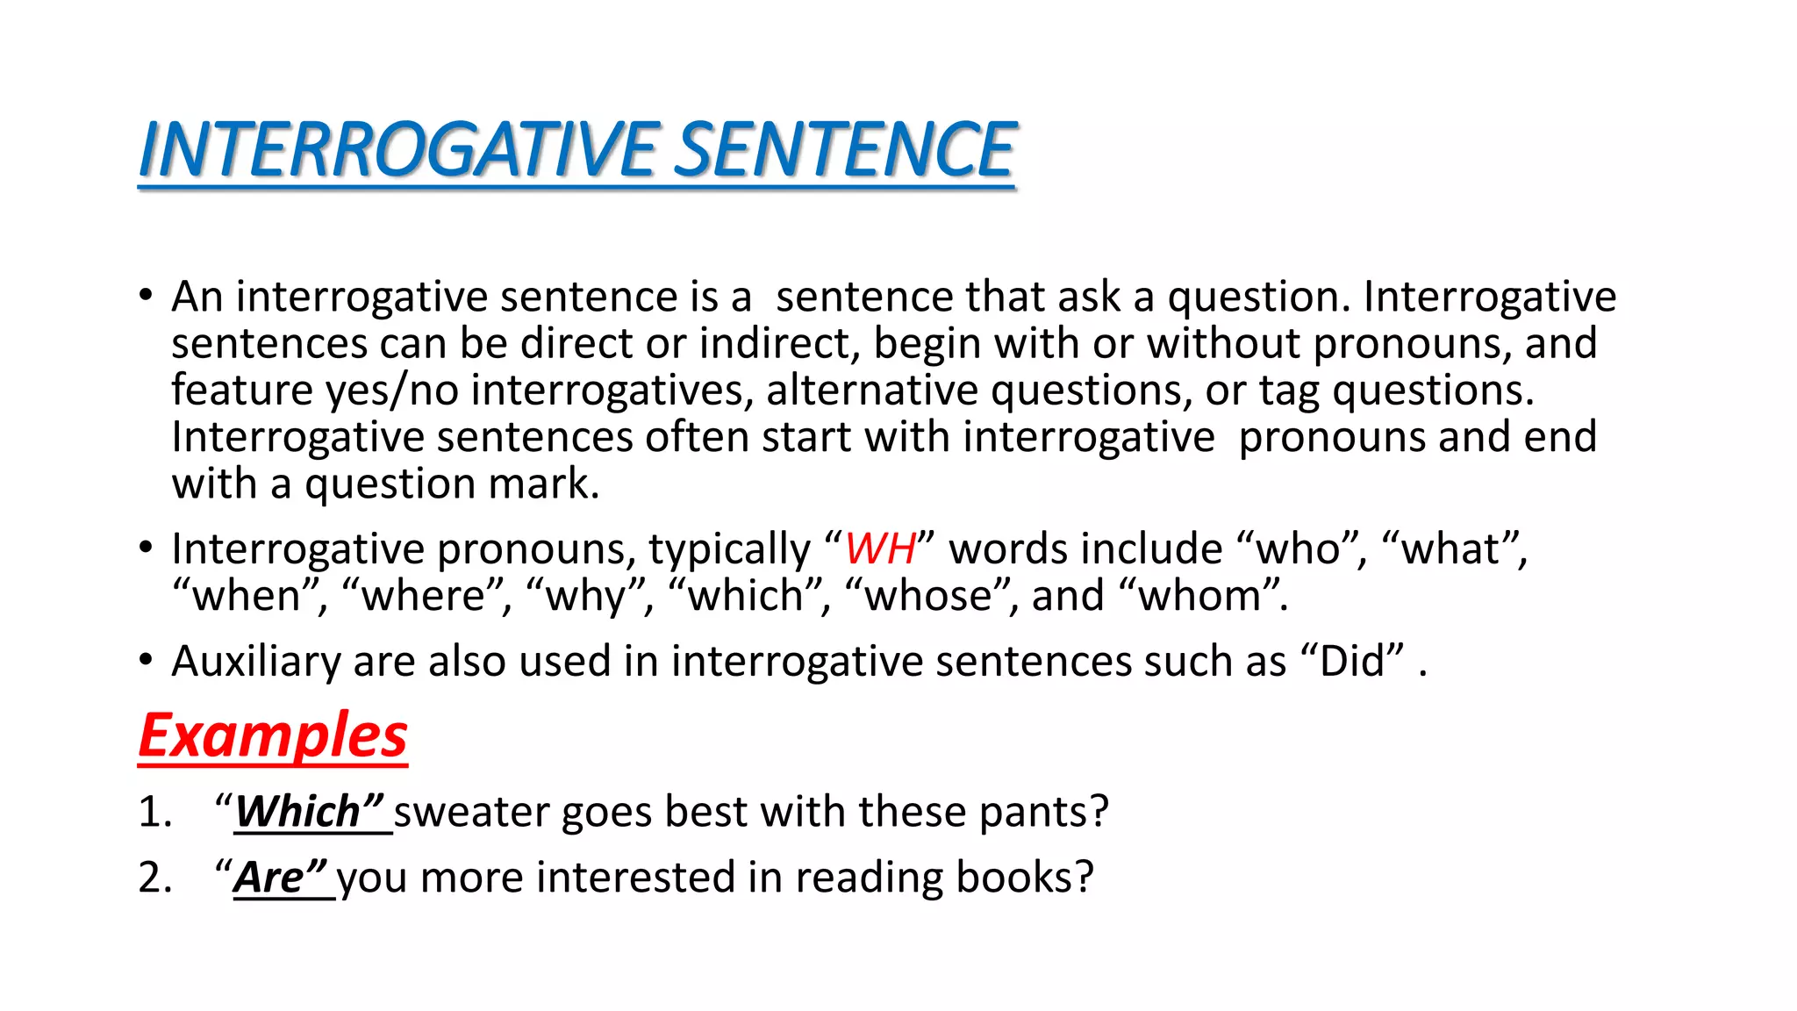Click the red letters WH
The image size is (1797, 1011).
pos(880,549)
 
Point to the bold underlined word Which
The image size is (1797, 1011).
pos(298,811)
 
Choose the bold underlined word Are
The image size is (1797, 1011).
pos(269,877)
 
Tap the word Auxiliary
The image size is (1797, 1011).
pos(255,662)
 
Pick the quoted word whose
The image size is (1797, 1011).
pos(928,596)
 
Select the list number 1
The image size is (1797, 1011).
pos(154,812)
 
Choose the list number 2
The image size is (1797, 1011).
pos(154,878)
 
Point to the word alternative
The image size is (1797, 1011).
pos(871,390)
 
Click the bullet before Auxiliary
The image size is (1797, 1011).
pos(146,660)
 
